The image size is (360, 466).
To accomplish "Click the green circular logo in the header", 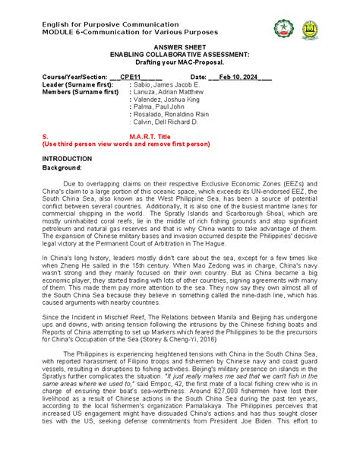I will [283, 29].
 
